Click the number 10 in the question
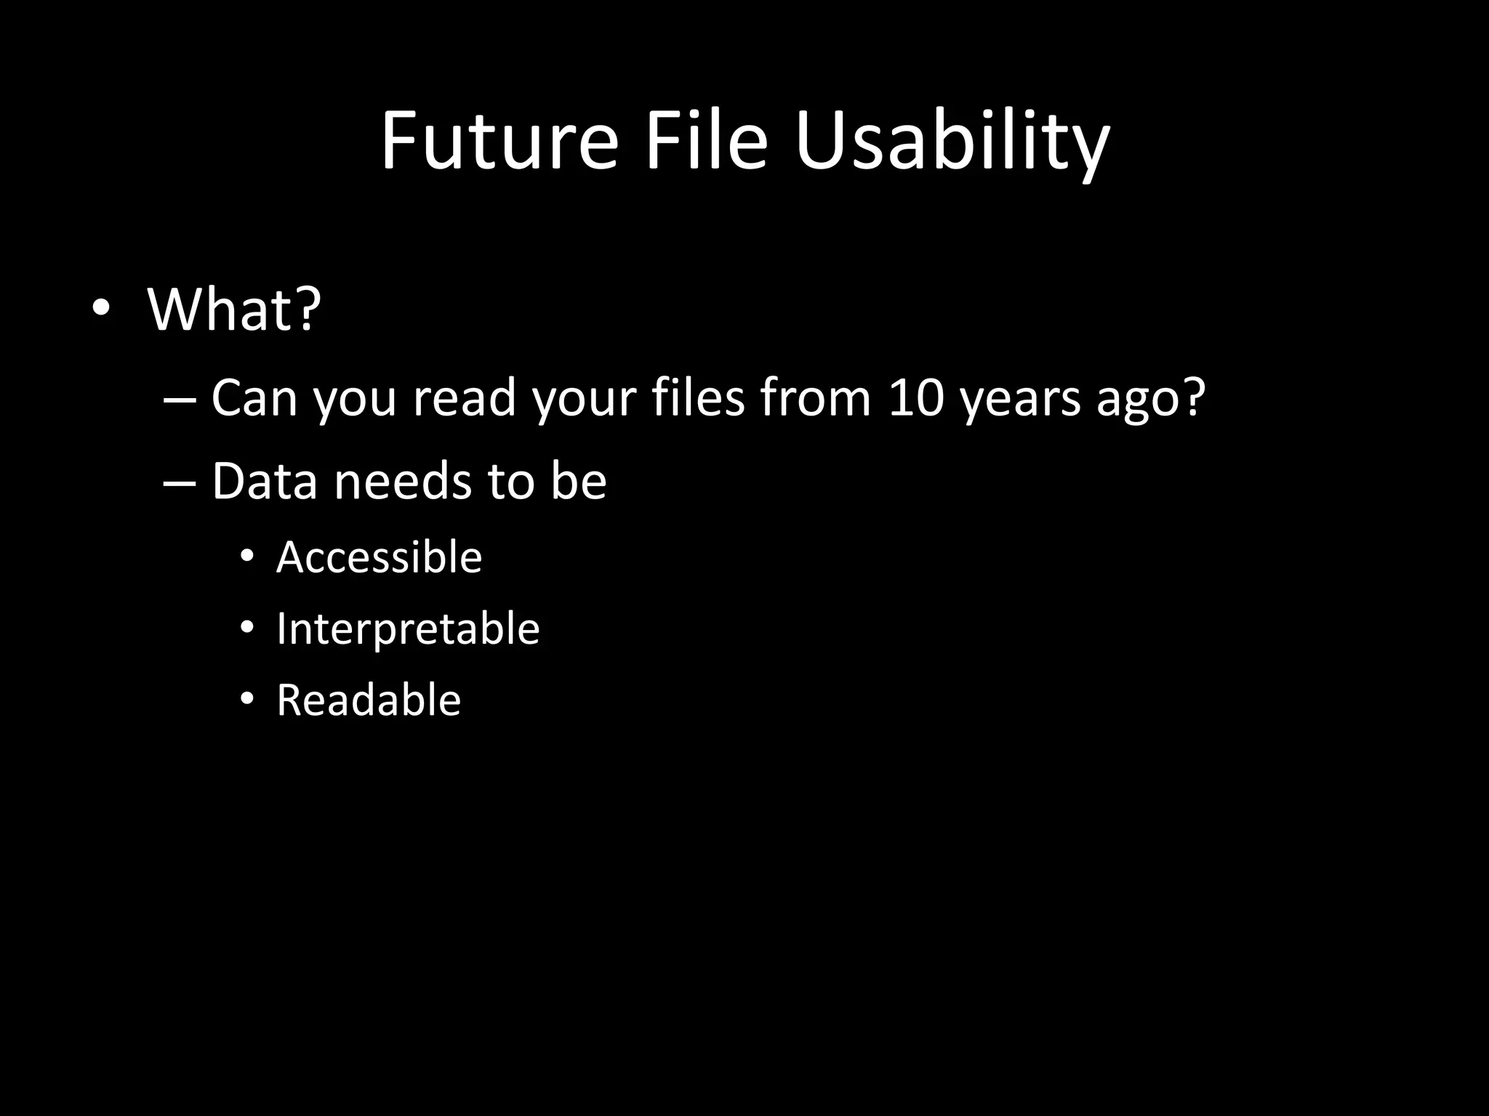point(916,397)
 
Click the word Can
point(254,397)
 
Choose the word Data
point(265,481)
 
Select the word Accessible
point(379,557)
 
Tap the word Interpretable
point(408,628)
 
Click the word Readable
point(369,700)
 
